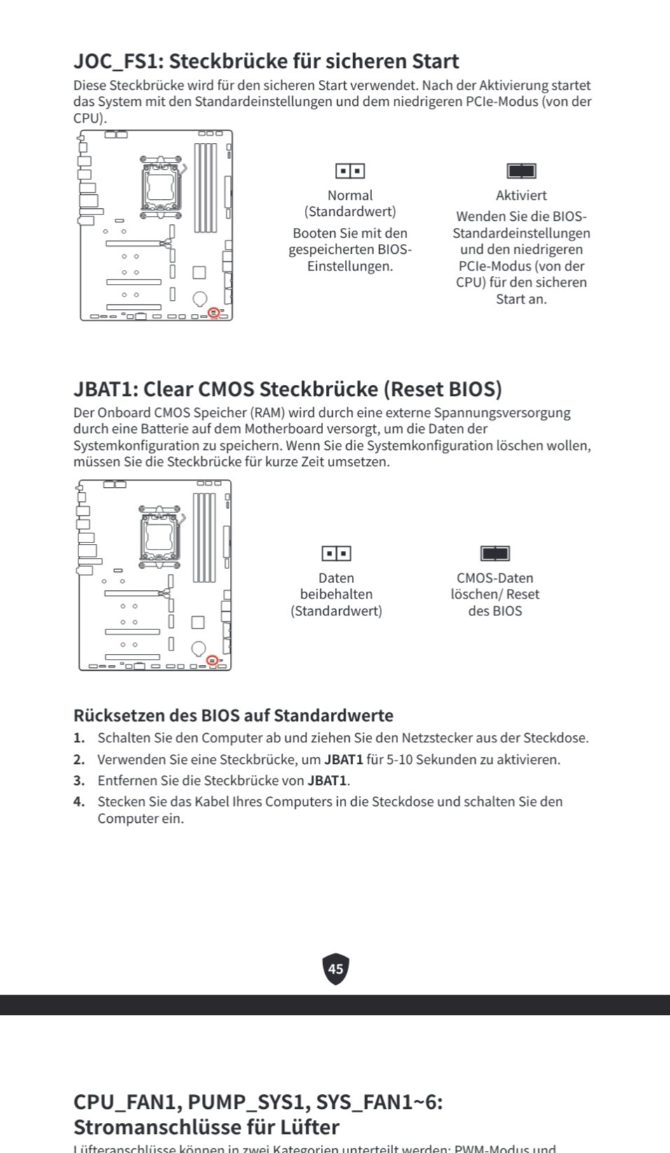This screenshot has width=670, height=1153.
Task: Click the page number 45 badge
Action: [x=336, y=969]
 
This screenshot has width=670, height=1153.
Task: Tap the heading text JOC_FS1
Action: [x=116, y=62]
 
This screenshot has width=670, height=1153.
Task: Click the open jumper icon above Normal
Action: [x=350, y=171]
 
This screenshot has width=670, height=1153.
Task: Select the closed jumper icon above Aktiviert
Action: [x=521, y=171]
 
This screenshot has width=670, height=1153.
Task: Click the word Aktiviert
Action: [x=521, y=196]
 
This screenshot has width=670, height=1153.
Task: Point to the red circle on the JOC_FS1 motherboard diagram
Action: [x=214, y=312]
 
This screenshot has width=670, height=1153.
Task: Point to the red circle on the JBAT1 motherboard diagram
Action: [x=212, y=660]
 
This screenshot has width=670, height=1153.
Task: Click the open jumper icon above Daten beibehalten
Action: [x=336, y=554]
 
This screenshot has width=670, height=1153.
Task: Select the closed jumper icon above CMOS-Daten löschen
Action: [x=495, y=554]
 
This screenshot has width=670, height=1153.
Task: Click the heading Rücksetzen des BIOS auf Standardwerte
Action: [x=233, y=716]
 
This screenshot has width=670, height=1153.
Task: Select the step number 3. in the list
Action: [x=79, y=781]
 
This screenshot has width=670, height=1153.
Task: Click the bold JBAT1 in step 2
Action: [x=343, y=760]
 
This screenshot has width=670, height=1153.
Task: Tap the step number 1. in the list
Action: [x=79, y=738]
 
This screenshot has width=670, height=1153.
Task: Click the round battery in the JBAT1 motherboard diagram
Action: [x=198, y=648]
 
